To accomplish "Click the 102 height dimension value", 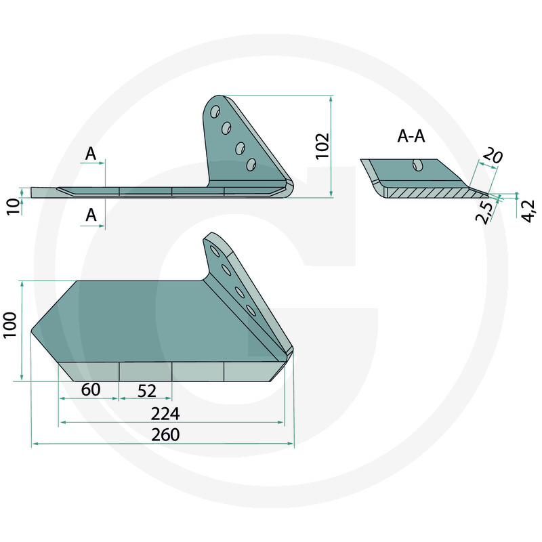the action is tap(322, 146).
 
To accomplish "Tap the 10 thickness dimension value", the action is tap(14, 207).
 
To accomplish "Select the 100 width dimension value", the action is tap(9, 325).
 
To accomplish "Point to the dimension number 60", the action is tap(91, 390).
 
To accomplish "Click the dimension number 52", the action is tap(147, 391).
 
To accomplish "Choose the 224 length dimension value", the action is tap(165, 414).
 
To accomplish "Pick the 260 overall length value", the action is tap(165, 435).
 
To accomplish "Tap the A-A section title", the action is tap(411, 136).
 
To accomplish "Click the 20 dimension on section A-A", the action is tap(492, 154).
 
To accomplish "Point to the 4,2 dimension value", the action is tap(528, 211).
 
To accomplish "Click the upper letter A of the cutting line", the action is tap(91, 154).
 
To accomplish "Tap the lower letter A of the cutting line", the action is tap(91, 215).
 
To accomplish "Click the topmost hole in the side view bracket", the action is tap(215, 112).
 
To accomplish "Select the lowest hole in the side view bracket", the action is tap(251, 165).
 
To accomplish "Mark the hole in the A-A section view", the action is tap(417, 165).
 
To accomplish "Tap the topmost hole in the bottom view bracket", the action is tap(215, 251).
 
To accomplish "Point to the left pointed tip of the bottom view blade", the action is tap(31, 331).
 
